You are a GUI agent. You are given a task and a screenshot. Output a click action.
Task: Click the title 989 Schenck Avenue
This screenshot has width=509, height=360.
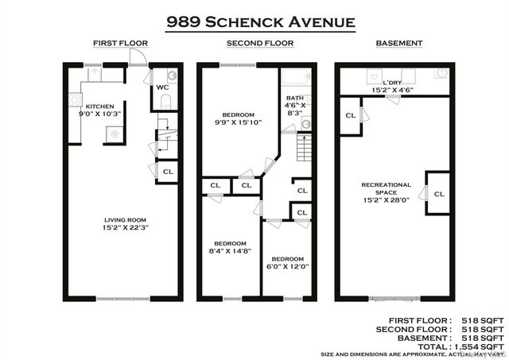pos(259,21)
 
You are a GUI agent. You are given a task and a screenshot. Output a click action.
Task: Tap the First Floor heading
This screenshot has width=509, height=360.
pos(122,44)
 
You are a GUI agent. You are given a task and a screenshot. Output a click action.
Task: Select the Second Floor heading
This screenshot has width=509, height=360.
pos(260,44)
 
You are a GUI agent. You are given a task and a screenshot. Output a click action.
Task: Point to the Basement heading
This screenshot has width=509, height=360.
pos(399,44)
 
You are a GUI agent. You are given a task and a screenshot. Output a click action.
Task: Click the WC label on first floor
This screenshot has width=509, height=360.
pos(161,87)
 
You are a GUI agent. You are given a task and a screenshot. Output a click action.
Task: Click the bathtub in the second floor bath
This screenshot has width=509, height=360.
pos(294,79)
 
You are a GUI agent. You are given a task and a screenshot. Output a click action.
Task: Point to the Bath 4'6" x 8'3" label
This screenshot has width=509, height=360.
pos(294,106)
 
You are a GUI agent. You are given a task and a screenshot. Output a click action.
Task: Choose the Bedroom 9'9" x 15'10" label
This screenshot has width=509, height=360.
pos(237,117)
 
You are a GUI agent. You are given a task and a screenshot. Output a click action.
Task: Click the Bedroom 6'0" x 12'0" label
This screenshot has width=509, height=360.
pos(286,263)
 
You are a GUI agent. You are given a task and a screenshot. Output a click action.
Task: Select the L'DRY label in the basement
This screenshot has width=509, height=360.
pos(393,87)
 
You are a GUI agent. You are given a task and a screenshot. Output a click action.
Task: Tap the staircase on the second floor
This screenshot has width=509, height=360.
pos(302,146)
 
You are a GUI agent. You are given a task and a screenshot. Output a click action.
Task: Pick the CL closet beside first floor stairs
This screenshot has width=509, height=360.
pos(168,171)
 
